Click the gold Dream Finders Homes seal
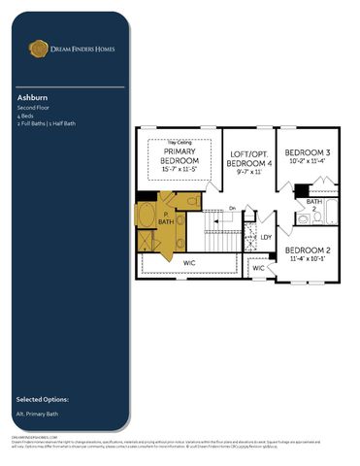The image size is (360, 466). coord(38,47)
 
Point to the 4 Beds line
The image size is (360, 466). coord(26,116)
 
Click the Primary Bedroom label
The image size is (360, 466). coord(180,157)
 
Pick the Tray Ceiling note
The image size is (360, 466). coord(180,144)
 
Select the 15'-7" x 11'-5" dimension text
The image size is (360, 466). coord(180,170)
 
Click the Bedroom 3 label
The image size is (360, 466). coord(308,153)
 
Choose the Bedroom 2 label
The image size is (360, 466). coord(311,250)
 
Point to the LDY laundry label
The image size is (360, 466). coord(266,236)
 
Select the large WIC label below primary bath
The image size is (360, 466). coord(189,262)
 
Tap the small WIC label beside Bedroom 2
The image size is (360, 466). coord(259,267)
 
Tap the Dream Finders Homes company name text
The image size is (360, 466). coord(81,47)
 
